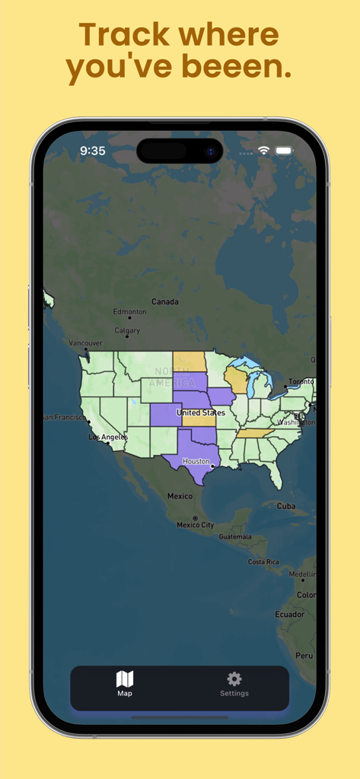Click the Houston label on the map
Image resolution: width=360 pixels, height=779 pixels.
(196, 461)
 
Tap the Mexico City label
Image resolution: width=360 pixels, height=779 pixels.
(195, 525)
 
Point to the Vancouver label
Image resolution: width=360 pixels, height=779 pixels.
(85, 343)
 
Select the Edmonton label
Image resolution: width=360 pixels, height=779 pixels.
(129, 312)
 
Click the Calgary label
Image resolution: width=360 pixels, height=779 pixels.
(127, 331)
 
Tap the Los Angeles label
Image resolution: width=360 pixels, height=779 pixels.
(108, 437)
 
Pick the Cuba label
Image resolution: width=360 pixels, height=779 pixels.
(286, 506)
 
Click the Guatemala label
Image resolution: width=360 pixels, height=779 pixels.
(234, 536)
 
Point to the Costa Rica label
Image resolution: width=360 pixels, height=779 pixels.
(263, 561)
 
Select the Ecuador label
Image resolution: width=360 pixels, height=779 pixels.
(290, 615)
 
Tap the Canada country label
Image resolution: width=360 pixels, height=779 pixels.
(165, 302)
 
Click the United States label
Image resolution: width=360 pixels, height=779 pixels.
(201, 412)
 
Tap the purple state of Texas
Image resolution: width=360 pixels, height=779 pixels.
(190, 456)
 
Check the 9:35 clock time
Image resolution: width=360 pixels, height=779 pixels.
(93, 151)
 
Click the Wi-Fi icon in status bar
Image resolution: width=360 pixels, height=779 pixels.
(263, 151)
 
